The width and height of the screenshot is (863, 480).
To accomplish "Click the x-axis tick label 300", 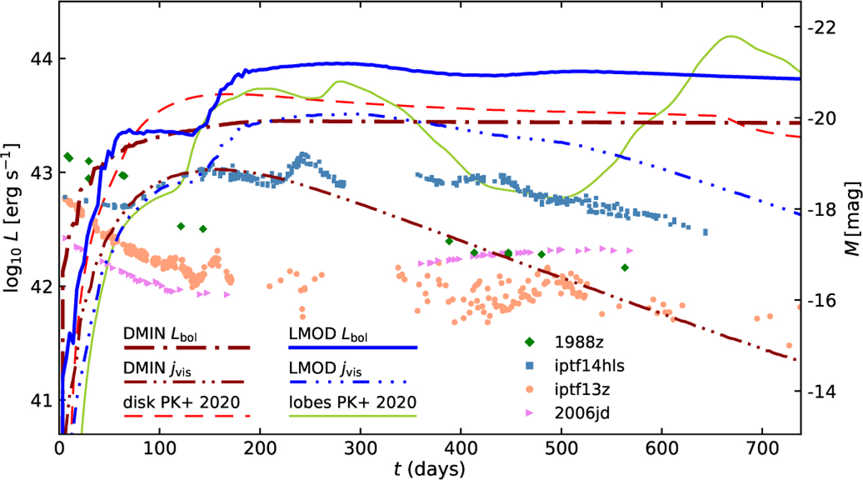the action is coord(360,449).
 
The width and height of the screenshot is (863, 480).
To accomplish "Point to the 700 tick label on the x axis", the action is coord(763,449).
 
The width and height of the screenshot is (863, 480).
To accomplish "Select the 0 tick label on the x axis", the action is coord(59,449).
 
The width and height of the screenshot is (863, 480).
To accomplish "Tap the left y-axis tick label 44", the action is coord(40,59).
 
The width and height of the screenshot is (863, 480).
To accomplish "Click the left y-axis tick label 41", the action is coord(40,401).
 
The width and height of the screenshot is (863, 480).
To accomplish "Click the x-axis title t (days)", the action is coord(429,469).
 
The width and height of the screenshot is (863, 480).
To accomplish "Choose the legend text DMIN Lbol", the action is coord(160,334).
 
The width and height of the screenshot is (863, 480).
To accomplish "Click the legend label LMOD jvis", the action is coord(325,369).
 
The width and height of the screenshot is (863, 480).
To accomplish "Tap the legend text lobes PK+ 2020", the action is coord(352,402).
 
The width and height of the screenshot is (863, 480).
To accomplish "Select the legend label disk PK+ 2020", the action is coord(181,402).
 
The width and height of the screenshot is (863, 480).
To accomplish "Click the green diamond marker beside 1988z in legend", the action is coord(530,342).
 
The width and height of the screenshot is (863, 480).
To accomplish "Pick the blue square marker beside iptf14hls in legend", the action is coord(530,366).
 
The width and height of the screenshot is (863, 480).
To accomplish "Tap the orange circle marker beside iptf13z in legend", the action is coord(530,389).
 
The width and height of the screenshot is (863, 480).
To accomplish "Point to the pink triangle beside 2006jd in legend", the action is coord(530,413).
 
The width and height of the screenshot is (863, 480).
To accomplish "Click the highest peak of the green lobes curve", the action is coord(731,36).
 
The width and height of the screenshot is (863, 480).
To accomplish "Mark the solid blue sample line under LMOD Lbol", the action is coord(353,348).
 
